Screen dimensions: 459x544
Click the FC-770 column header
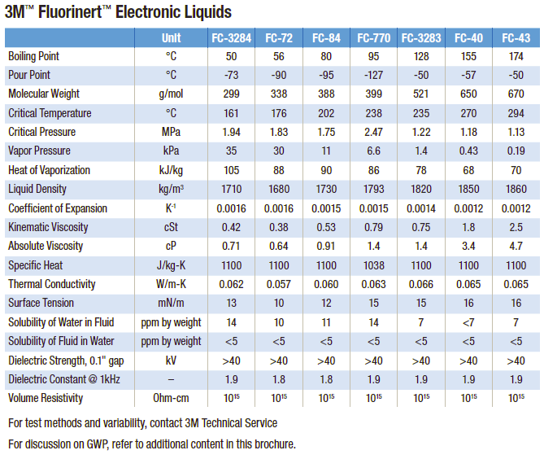[x=373, y=38]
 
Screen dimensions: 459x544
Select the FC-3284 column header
[x=231, y=38]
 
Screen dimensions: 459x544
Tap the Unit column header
[x=171, y=38]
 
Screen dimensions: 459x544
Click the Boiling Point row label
[x=33, y=56]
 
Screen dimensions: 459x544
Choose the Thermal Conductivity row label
[x=51, y=284]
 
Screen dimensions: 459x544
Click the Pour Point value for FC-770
[x=373, y=75]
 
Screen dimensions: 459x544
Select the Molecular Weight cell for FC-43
[x=516, y=94]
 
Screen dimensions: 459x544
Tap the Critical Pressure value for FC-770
[x=373, y=132]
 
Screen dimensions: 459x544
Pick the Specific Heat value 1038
[x=373, y=265]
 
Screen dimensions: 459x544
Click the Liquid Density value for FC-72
[x=278, y=189]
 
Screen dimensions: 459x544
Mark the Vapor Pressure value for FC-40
[x=468, y=151]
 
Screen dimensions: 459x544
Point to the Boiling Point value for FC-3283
[x=420, y=56]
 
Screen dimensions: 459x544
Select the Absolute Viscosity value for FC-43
[x=516, y=246]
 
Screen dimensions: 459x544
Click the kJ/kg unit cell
[x=171, y=170]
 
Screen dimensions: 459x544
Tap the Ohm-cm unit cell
[x=171, y=398]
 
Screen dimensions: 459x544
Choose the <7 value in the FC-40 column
[x=468, y=322]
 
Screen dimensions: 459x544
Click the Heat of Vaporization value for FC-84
[x=325, y=170]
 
